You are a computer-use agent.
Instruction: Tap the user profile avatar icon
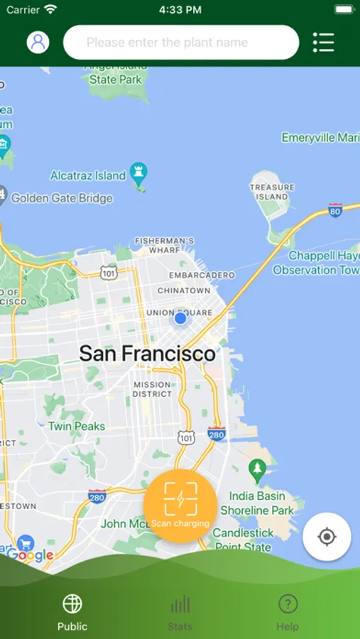(38, 42)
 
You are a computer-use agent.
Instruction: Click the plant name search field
(181, 43)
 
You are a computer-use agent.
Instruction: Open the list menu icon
(323, 42)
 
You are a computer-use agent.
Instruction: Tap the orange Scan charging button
(180, 506)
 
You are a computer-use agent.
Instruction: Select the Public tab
(72, 612)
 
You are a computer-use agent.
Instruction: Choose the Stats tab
(180, 612)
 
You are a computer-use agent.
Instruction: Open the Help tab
(288, 612)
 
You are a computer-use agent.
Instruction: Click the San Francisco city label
(147, 353)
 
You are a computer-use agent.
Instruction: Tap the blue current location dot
(180, 319)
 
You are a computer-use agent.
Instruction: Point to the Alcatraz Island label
(88, 175)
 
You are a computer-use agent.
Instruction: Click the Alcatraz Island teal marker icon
(139, 175)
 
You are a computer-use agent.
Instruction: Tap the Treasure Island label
(272, 192)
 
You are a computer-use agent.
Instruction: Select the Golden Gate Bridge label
(62, 198)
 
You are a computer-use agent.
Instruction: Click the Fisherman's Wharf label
(165, 246)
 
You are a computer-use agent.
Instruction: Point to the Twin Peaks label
(77, 426)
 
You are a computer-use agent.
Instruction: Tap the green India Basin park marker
(257, 469)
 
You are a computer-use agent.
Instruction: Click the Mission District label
(152, 389)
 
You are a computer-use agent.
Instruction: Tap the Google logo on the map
(31, 555)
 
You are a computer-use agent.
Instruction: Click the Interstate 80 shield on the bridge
(335, 210)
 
